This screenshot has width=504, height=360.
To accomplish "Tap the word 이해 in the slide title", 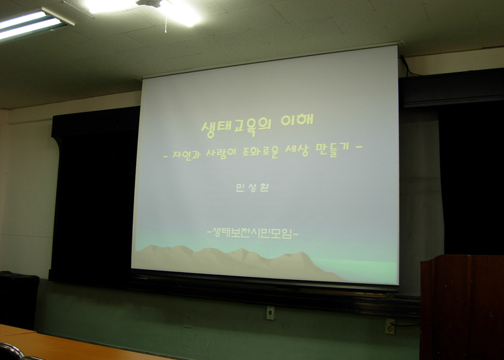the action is [297, 120].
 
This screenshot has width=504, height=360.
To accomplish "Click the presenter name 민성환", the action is [253, 187].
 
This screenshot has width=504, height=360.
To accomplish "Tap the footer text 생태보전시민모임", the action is [253, 233].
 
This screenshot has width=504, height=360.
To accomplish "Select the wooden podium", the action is [462, 307].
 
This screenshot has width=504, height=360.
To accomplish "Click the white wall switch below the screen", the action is [271, 313].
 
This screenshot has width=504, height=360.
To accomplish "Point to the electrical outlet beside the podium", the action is [390, 326].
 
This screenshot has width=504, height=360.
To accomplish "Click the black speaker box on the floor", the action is [19, 299].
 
